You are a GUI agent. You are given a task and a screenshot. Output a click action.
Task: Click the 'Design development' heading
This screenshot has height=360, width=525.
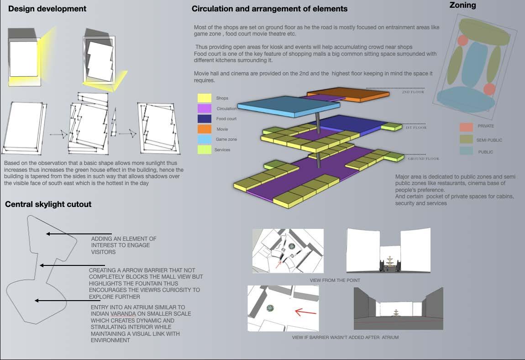pyautogui.click(x=47, y=9)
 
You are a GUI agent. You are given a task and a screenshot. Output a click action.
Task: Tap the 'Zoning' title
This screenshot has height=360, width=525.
pyautogui.click(x=462, y=5)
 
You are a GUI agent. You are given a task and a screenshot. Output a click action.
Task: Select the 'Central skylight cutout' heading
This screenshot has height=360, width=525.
pyautogui.click(x=48, y=204)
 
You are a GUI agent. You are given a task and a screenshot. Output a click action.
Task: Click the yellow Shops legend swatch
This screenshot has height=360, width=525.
pyautogui.click(x=204, y=98)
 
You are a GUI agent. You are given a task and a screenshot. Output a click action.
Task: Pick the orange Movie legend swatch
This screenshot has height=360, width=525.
pyautogui.click(x=204, y=129)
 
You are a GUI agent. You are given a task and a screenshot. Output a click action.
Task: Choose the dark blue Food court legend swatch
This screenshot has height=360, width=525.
pyautogui.click(x=204, y=119)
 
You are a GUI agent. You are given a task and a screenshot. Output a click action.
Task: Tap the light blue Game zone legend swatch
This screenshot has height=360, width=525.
pyautogui.click(x=204, y=139)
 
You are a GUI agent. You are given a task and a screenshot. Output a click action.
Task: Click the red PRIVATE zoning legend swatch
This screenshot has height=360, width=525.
pyautogui.click(x=466, y=127)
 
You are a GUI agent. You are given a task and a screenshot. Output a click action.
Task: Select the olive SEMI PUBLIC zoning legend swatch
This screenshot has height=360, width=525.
pyautogui.click(x=466, y=139)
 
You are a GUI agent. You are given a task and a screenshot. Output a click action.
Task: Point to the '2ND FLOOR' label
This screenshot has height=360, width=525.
pyautogui.click(x=413, y=92)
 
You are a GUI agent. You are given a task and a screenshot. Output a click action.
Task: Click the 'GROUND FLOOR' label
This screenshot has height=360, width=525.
pyautogui.click(x=423, y=159)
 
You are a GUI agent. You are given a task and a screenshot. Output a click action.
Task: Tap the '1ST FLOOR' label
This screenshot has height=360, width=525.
pyautogui.click(x=416, y=128)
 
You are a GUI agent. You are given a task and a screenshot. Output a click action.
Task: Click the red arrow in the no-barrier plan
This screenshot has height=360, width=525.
pyautogui.click(x=305, y=312)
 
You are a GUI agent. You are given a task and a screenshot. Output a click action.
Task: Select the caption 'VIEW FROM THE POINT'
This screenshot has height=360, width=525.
pyautogui.click(x=335, y=280)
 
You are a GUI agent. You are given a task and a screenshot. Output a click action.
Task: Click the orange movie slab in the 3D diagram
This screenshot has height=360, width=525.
pyautogui.click(x=361, y=94)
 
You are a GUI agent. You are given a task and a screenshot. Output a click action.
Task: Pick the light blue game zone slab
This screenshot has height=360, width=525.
pyautogui.click(x=288, y=106)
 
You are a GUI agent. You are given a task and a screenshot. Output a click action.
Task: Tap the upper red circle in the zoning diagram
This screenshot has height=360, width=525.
pyautogui.click(x=462, y=41)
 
